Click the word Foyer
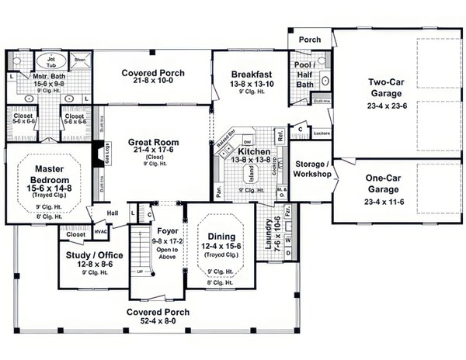157,231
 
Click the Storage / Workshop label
313,168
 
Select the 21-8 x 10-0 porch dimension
158,81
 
